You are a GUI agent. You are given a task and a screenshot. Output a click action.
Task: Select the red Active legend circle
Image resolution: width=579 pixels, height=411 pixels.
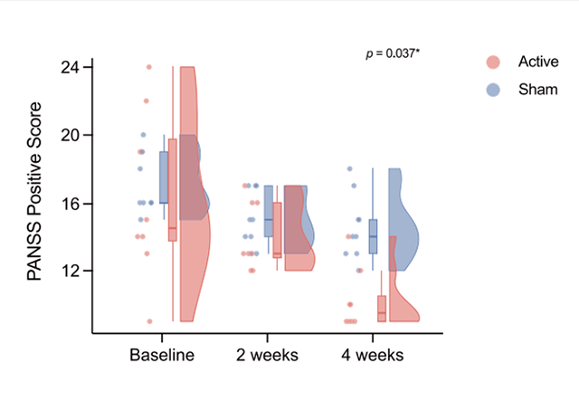pos(493,62)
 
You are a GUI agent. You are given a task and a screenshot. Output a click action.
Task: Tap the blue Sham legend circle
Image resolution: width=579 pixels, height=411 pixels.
pos(493,90)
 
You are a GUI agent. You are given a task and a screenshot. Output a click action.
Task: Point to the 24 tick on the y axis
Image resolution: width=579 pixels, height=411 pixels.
pos(70,67)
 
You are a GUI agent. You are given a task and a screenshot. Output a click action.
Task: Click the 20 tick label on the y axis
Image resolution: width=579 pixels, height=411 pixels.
pos(70,135)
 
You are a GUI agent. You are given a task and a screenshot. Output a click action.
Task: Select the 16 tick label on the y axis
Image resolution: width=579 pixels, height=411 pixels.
pos(70,203)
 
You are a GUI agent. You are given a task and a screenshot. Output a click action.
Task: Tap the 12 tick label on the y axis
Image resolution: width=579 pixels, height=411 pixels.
pos(70,271)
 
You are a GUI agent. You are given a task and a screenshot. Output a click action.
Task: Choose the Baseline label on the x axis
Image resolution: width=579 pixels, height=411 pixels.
pos(162,354)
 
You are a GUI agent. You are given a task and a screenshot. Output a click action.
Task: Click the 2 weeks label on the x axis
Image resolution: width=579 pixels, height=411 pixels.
pos(269,354)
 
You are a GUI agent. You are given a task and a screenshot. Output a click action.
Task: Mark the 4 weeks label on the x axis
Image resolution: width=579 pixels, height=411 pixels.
pos(373,354)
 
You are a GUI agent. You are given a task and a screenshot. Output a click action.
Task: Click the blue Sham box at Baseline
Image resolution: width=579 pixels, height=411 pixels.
pos(164,177)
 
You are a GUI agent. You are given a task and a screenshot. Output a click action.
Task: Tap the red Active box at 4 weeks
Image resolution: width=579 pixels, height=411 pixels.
pos(382,308)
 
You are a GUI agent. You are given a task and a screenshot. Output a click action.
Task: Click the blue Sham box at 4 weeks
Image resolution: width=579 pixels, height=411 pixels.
pos(373,236)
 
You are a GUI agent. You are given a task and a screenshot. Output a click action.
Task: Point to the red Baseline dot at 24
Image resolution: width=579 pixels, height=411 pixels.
pos(149,67)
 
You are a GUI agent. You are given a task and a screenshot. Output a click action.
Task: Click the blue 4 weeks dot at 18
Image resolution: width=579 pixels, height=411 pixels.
pos(349,168)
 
